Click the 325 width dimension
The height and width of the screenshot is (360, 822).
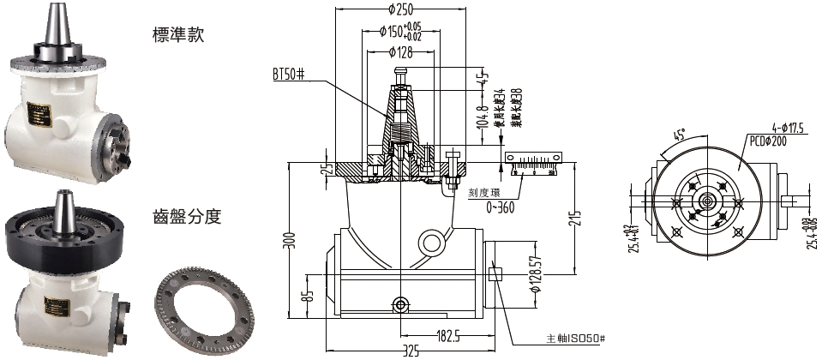[x=411, y=351]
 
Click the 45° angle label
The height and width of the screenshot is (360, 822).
[x=681, y=136]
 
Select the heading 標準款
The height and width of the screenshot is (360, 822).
[x=178, y=36]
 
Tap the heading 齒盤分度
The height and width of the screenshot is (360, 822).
[x=187, y=217]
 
